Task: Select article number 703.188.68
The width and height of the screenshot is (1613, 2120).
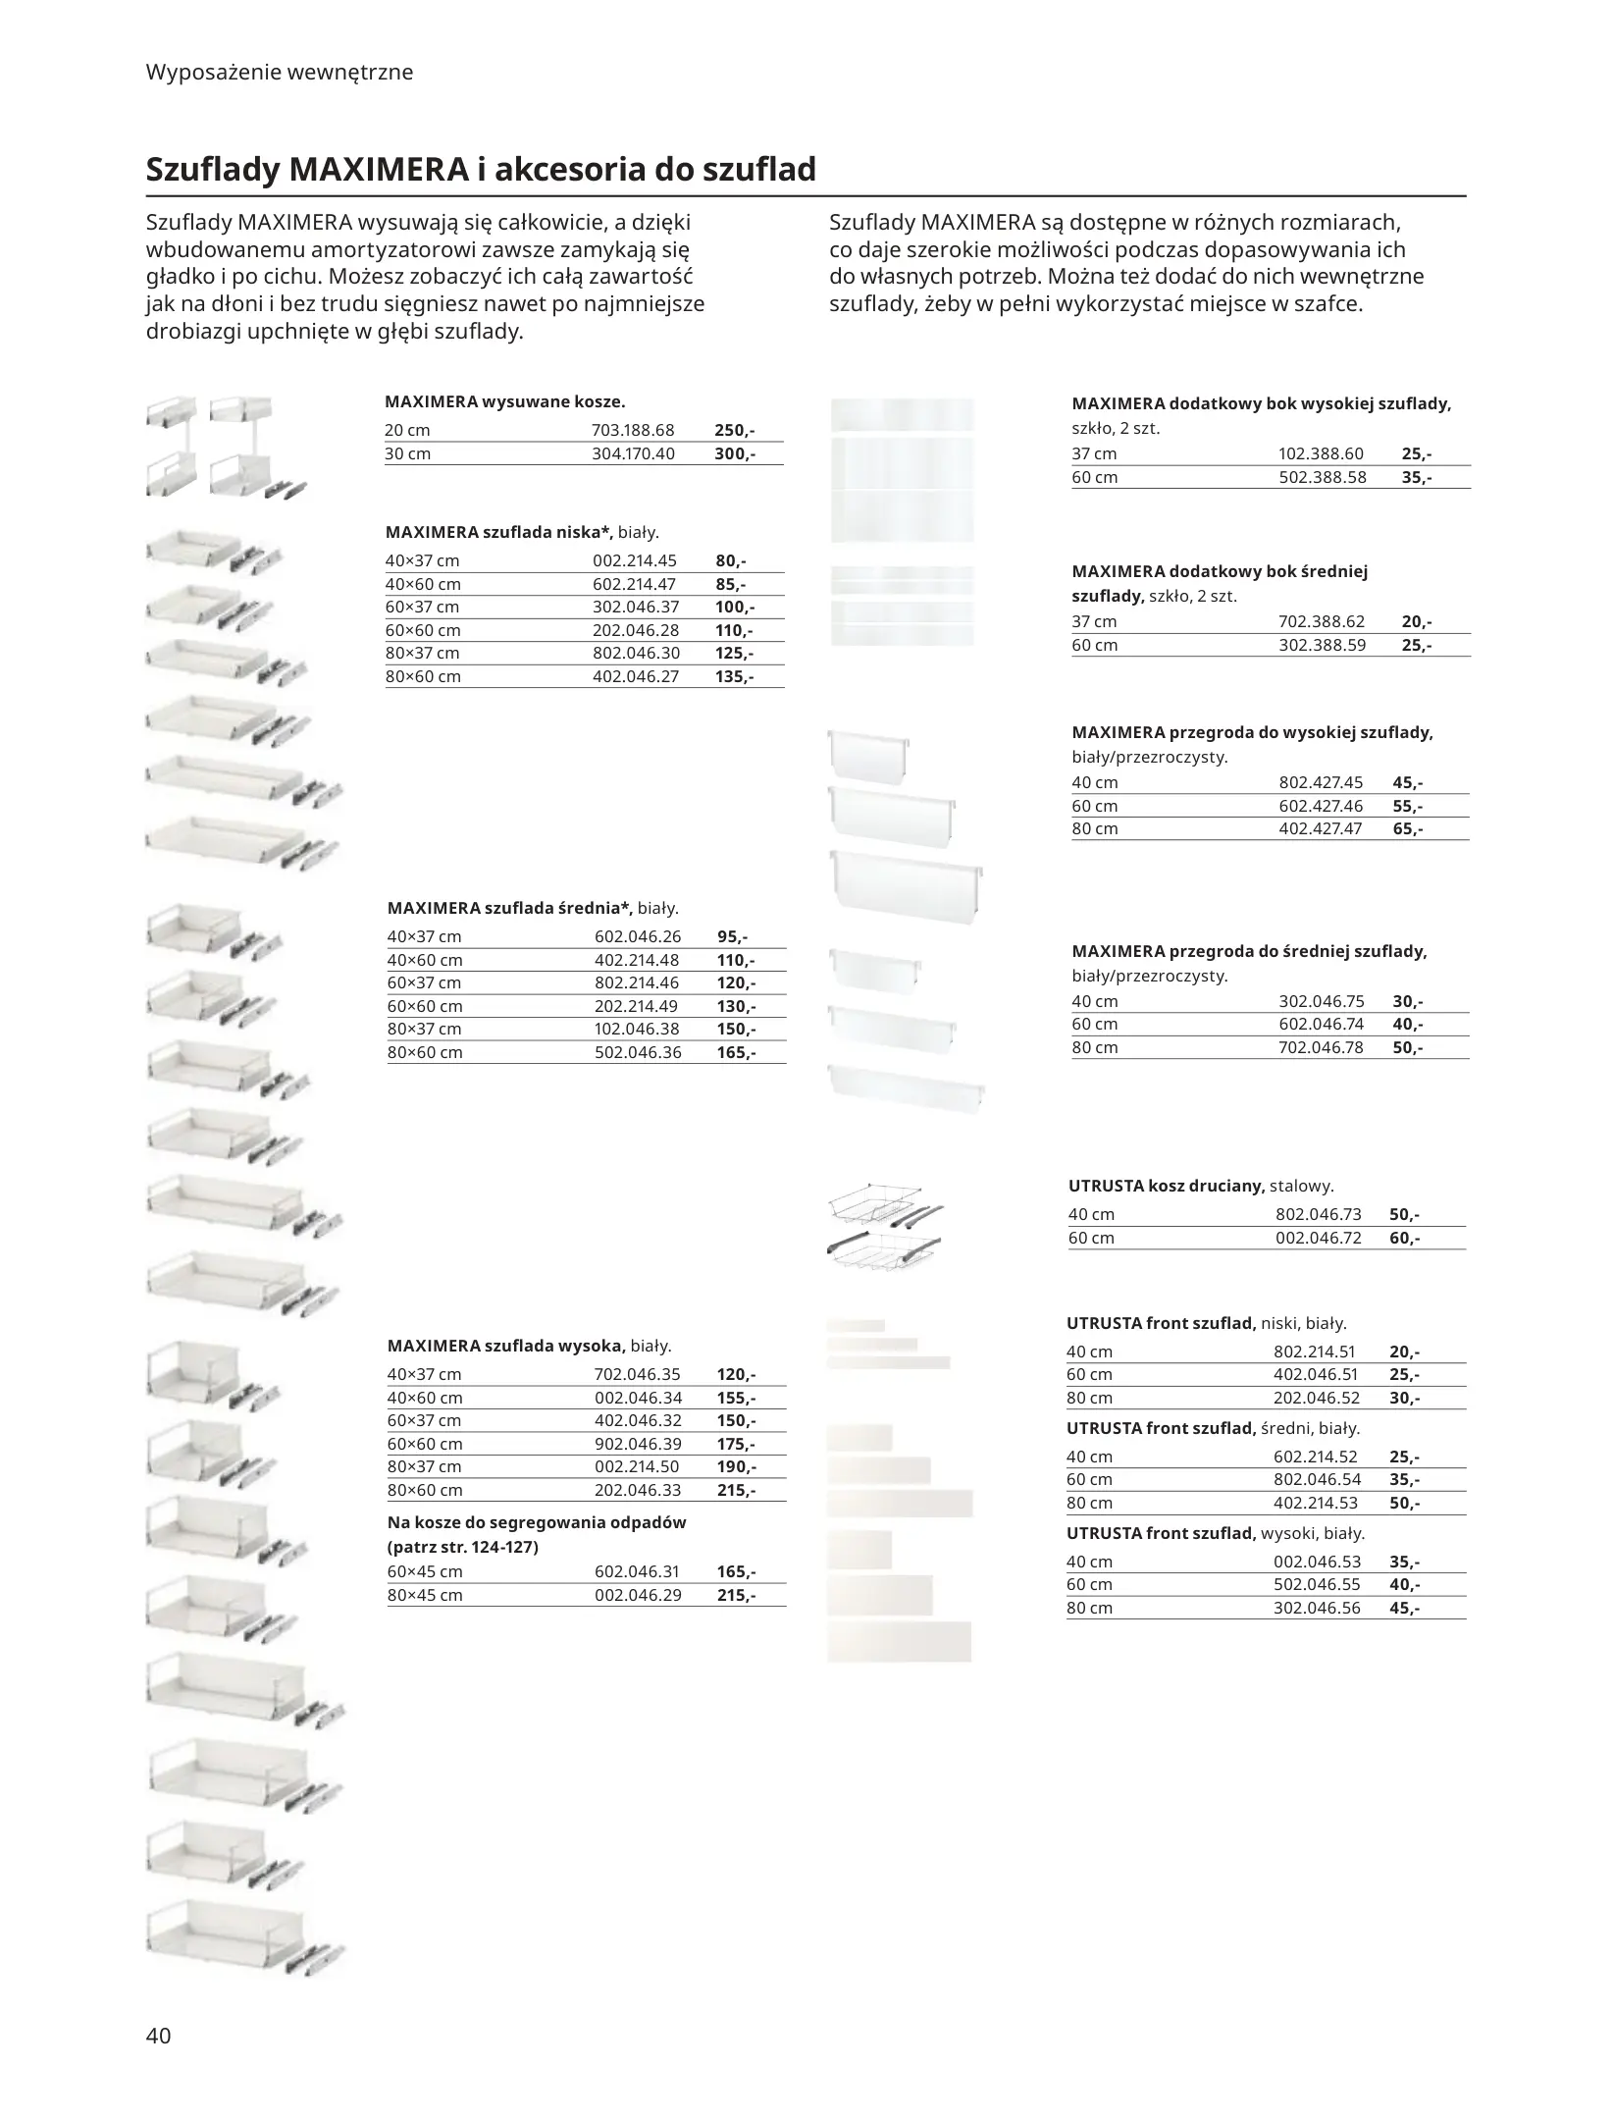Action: click(633, 430)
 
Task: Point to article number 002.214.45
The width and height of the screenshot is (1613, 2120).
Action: click(635, 560)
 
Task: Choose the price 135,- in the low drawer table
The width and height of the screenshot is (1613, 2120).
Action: click(734, 676)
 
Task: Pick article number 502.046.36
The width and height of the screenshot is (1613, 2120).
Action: click(637, 1052)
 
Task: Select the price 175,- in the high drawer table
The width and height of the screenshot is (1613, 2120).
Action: click(736, 1444)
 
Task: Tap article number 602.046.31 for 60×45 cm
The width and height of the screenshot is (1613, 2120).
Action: click(637, 1571)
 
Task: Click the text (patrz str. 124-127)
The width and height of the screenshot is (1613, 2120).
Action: click(463, 1547)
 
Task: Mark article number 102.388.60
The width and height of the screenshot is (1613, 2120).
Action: click(1321, 453)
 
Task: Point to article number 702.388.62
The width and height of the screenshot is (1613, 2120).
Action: click(1322, 621)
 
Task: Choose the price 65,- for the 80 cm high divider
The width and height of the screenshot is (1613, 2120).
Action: click(1407, 828)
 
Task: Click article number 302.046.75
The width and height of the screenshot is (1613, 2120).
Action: click(1321, 1001)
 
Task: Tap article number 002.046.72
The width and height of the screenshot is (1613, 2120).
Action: click(1318, 1238)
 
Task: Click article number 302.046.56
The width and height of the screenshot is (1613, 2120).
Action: click(1317, 1608)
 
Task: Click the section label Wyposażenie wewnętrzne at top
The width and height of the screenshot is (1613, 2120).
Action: click(280, 72)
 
